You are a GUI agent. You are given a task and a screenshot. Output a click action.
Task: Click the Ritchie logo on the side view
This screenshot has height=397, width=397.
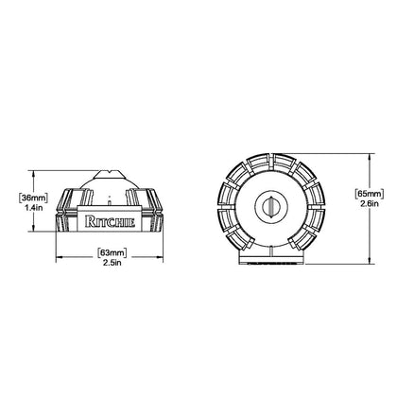click(111, 221)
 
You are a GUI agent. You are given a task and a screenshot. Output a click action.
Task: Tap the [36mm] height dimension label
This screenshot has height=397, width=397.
click(33, 198)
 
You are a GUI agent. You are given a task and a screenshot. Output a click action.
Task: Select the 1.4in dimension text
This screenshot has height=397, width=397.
click(33, 208)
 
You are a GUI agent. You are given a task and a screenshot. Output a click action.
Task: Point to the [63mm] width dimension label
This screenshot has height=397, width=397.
click(112, 252)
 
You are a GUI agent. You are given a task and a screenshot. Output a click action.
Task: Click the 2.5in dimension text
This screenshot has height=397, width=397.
click(112, 263)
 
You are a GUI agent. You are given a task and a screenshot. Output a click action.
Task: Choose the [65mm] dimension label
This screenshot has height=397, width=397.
click(370, 194)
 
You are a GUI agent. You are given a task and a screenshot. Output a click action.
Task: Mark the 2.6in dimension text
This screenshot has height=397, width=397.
click(370, 203)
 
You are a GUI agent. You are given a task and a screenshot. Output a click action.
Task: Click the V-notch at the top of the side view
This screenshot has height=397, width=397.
click(109, 172)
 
